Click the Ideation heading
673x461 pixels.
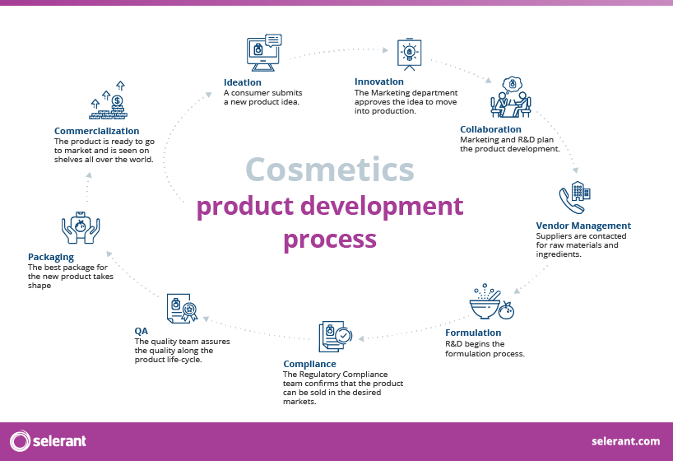coord(243,82)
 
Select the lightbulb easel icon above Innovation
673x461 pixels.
coord(409,53)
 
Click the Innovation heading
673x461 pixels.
coord(379,82)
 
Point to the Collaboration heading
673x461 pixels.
coord(490,129)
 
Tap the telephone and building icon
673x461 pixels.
coord(574,198)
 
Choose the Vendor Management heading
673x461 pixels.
coord(583,226)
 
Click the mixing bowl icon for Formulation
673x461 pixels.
coord(490,304)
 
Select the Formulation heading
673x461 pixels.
coord(473,333)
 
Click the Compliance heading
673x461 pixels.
coord(309,364)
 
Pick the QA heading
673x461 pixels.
coord(142,331)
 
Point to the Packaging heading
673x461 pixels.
coord(51,258)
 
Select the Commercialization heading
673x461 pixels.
coord(96,131)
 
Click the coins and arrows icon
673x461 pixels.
coord(109,101)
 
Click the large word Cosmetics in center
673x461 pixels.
coord(329,169)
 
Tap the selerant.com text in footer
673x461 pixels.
coord(625,441)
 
